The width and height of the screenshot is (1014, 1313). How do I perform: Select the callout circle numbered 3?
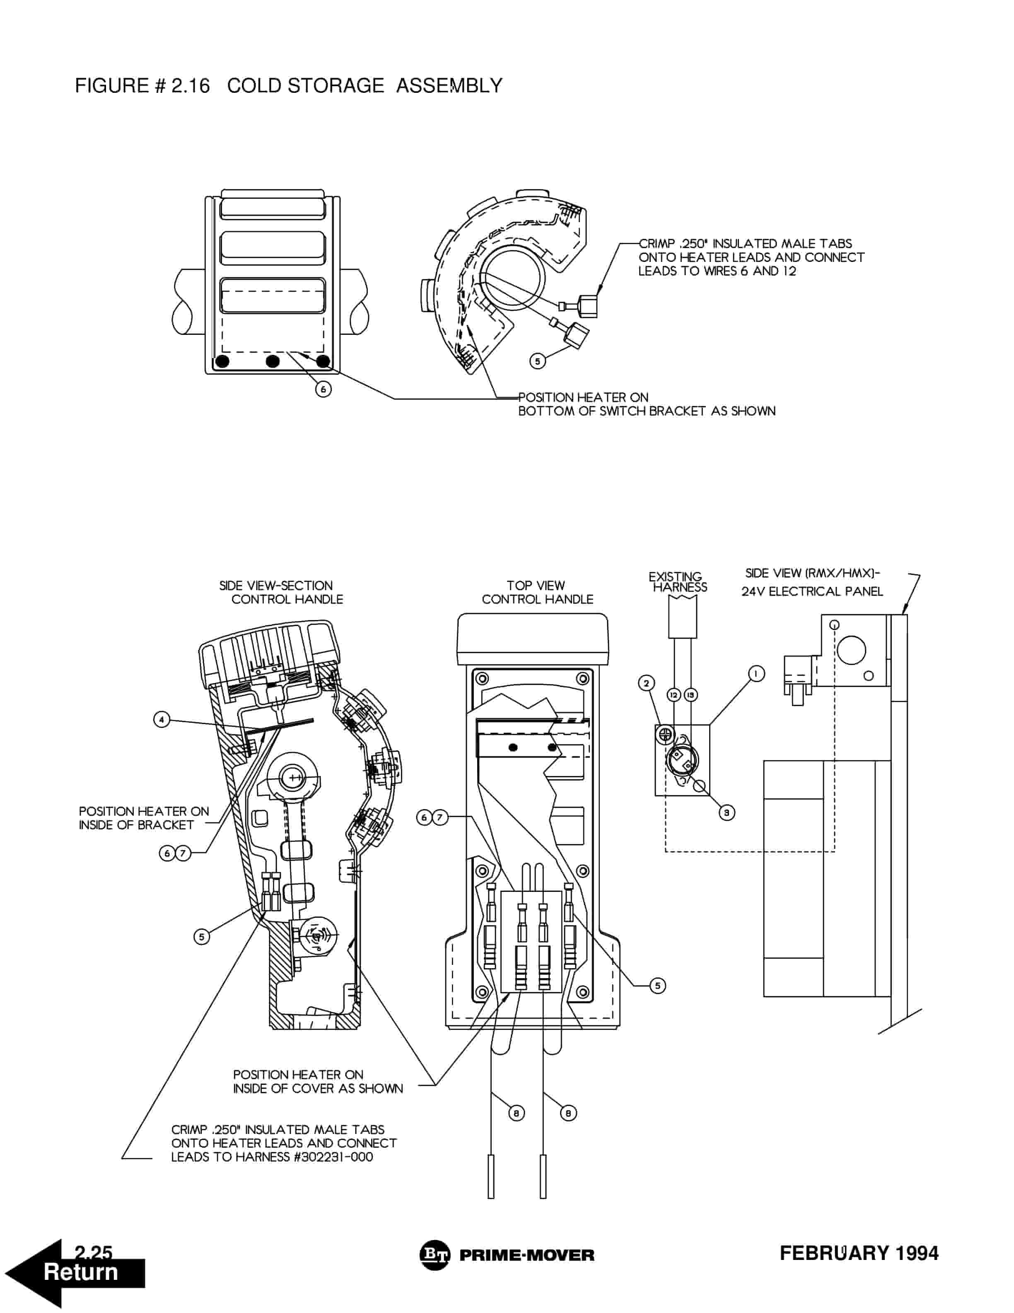click(727, 813)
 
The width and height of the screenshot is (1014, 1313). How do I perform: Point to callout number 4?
click(162, 719)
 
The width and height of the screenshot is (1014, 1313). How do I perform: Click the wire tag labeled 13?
click(691, 695)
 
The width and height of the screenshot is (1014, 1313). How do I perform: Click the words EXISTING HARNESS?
click(678, 582)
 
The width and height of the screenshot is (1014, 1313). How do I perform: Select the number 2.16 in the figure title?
click(191, 85)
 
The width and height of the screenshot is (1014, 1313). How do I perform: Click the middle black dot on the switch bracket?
click(273, 361)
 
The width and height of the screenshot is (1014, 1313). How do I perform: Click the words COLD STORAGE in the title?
click(305, 85)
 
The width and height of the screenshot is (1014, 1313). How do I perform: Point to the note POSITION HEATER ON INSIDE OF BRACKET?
click(144, 818)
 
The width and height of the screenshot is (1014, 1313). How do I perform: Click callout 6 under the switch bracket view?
click(323, 390)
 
